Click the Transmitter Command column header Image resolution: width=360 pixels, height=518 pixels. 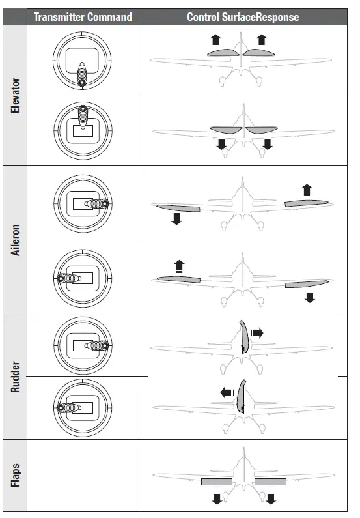point(83,17)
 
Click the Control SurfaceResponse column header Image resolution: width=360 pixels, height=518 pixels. point(243,17)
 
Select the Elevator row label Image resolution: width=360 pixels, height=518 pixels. point(16,95)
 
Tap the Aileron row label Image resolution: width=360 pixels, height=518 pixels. point(16,240)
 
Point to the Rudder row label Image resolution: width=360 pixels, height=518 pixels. point(16,378)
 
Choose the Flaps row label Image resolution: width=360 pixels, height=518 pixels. point(16,476)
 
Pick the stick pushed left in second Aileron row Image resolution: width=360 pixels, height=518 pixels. point(65,278)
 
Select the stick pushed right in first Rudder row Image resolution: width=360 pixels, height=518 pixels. point(98,345)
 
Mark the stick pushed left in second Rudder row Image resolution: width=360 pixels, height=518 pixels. point(65,407)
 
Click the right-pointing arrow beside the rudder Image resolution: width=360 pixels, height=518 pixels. point(257,333)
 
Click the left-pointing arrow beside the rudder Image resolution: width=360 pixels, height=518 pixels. point(227,392)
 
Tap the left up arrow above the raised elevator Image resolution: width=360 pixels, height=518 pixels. point(215,40)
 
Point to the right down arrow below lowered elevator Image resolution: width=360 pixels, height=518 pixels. point(267,144)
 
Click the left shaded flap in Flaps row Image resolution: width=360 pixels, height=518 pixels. point(216,482)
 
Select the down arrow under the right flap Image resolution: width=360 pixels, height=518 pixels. point(271,499)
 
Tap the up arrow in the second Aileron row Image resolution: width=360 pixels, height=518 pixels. point(180,266)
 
